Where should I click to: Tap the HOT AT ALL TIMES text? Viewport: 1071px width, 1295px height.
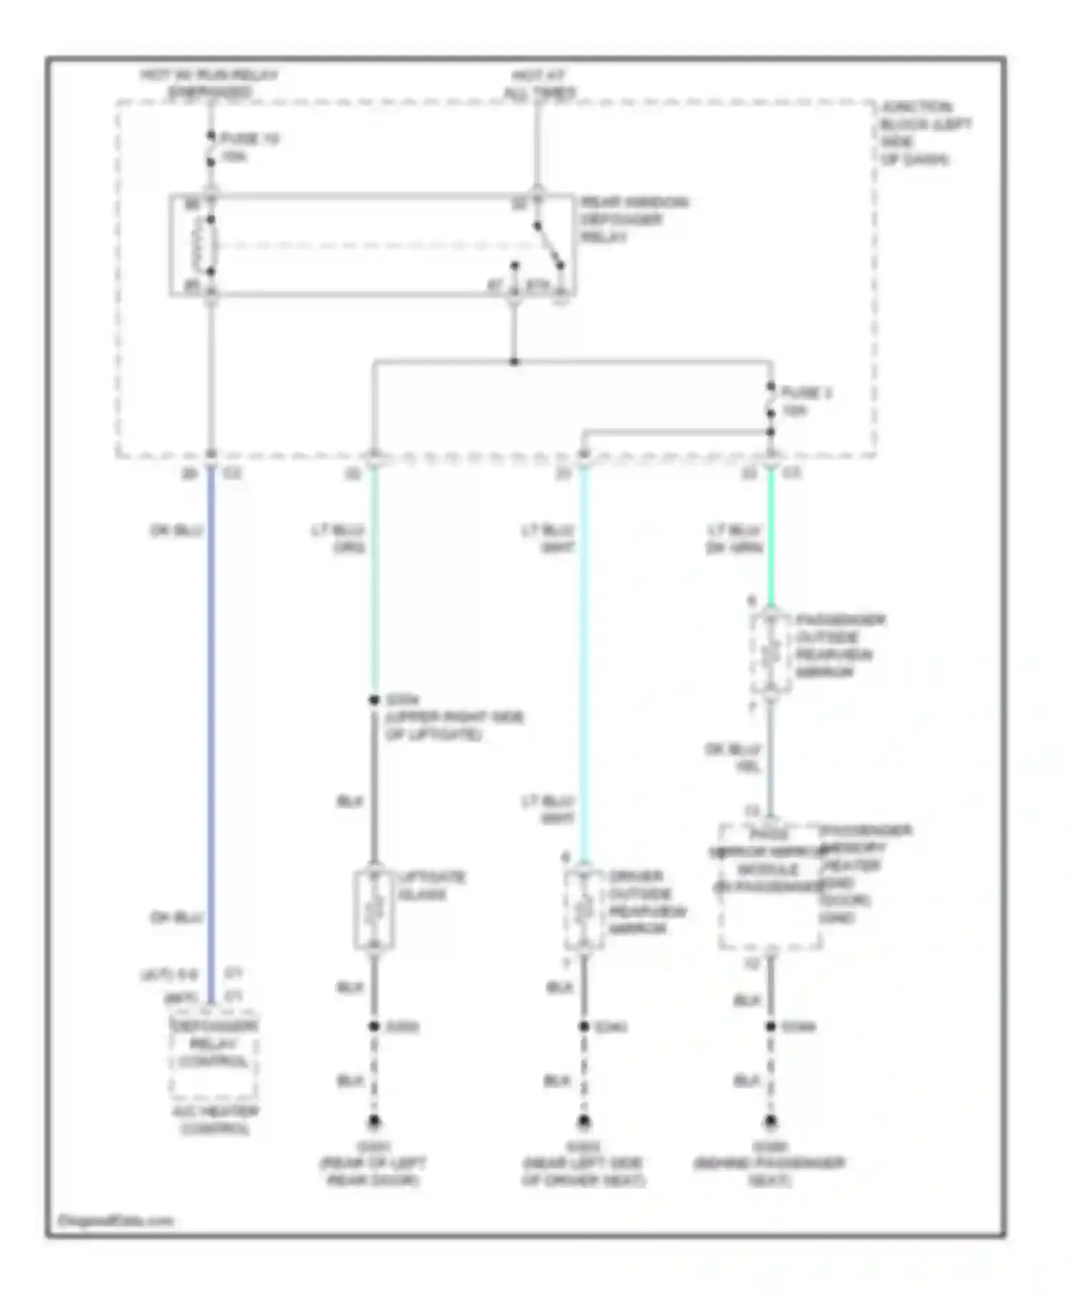(x=539, y=84)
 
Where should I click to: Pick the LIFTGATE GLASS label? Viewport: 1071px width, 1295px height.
(x=431, y=885)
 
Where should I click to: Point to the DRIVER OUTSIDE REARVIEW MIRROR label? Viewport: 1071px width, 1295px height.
(x=646, y=902)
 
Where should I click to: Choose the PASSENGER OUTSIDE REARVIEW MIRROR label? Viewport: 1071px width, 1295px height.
(x=839, y=645)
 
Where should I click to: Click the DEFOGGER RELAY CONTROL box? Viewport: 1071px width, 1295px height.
(x=213, y=1054)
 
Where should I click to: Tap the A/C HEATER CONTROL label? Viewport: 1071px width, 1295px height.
(x=215, y=1119)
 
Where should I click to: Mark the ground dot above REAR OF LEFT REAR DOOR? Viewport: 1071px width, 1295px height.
(x=374, y=1122)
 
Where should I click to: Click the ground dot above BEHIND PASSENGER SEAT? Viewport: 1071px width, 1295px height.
(x=770, y=1122)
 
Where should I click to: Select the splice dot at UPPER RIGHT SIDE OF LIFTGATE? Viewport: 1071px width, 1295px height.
(x=374, y=700)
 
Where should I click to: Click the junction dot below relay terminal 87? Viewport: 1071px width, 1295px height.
(x=514, y=362)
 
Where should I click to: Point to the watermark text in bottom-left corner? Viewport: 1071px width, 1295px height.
(x=116, y=1220)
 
